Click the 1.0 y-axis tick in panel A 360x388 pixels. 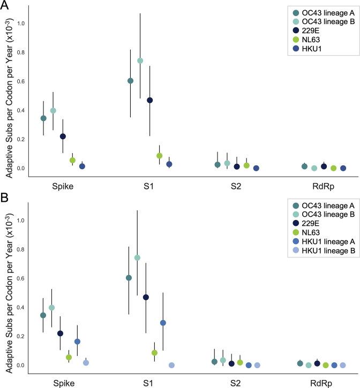tap(20, 24)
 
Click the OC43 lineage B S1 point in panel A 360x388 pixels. tap(140, 60)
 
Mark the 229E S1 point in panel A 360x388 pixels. tap(149, 100)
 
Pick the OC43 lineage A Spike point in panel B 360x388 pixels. tap(43, 315)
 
